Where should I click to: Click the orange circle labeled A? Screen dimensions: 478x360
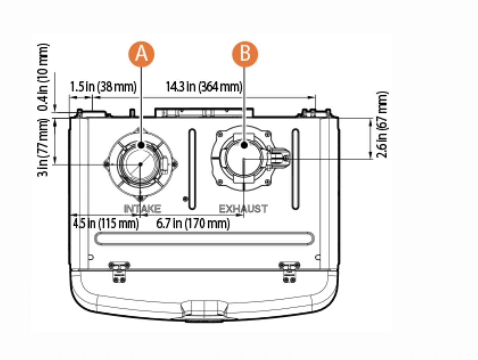(x=142, y=54)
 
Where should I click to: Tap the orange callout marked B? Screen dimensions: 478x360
(x=245, y=54)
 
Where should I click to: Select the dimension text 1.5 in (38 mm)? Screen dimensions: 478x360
(x=103, y=87)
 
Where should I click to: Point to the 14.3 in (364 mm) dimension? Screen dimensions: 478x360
(x=204, y=87)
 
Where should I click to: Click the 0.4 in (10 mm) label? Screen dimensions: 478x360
(x=44, y=77)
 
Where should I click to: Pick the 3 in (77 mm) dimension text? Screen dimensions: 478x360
(x=43, y=148)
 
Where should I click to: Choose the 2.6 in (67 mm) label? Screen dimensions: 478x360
(x=382, y=125)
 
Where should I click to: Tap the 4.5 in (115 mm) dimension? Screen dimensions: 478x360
(x=106, y=224)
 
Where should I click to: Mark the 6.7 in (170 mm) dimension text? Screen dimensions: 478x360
(x=193, y=224)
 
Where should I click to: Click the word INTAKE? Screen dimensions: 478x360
(x=142, y=209)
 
